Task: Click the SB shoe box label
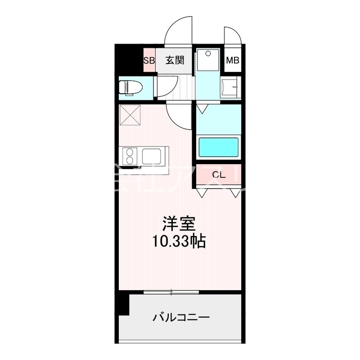click(x=149, y=60)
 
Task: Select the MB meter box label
click(x=232, y=60)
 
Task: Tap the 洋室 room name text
click(x=179, y=223)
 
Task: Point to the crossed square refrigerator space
click(x=130, y=115)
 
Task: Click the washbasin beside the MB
click(x=230, y=87)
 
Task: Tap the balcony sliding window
click(x=171, y=293)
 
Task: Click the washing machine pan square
click(x=208, y=59)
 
